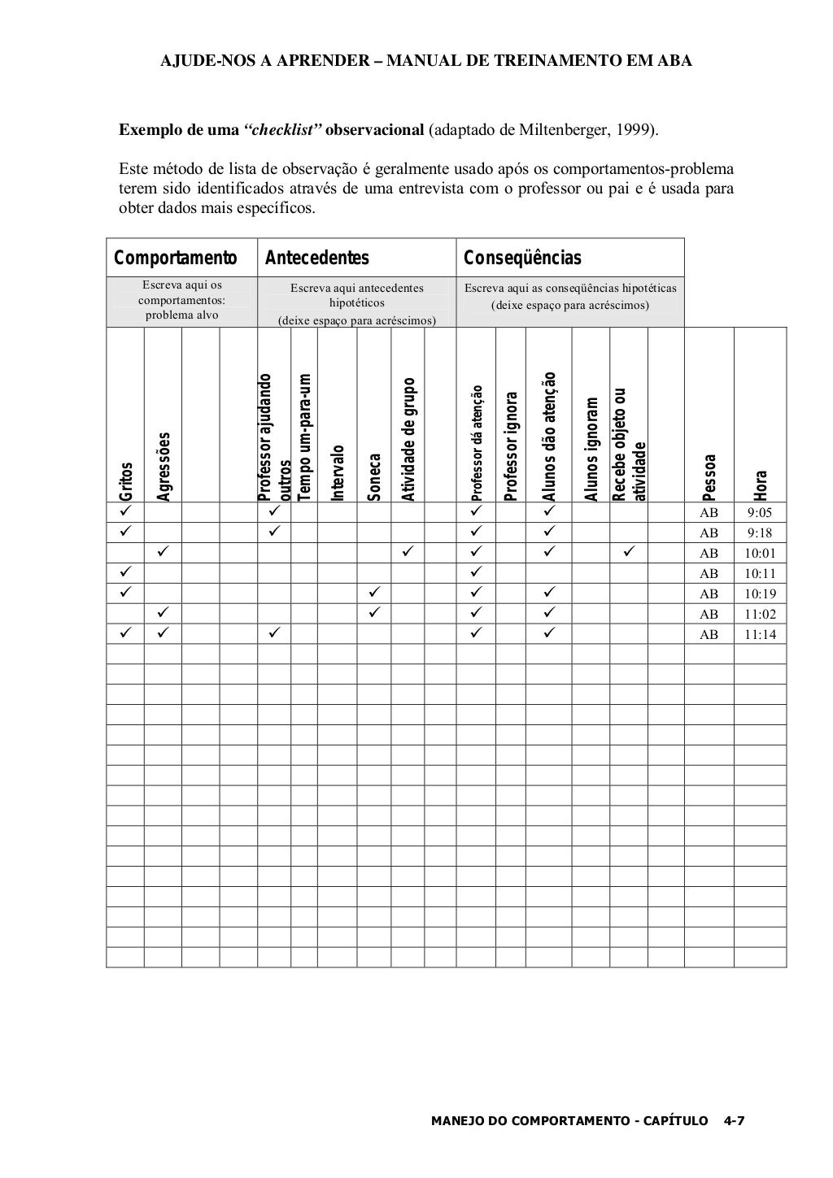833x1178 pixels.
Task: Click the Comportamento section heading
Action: pyautogui.click(x=175, y=259)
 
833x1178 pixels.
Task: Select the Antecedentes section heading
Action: pyautogui.click(x=316, y=259)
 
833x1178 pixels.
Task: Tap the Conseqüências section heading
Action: pyautogui.click(x=522, y=259)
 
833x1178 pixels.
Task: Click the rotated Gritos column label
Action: pyautogui.click(x=125, y=482)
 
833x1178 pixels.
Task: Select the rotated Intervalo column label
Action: pyautogui.click(x=337, y=472)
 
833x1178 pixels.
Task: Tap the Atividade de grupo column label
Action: pyautogui.click(x=409, y=440)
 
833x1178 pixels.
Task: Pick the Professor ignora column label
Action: pyautogui.click(x=511, y=446)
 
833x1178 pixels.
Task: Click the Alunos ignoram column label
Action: pyautogui.click(x=591, y=450)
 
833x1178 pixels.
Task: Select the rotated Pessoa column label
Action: pyautogui.click(x=709, y=477)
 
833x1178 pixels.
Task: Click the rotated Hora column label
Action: pyautogui.click(x=761, y=485)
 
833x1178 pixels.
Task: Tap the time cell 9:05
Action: pyautogui.click(x=760, y=513)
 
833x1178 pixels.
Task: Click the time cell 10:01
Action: pyautogui.click(x=760, y=554)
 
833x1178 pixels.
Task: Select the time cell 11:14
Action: pyautogui.click(x=760, y=635)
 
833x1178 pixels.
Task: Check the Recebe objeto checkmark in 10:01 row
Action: pyautogui.click(x=630, y=553)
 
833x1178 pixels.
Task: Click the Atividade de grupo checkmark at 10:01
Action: pyautogui.click(x=408, y=553)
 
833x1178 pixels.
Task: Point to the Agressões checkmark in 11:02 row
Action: pyautogui.click(x=163, y=614)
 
